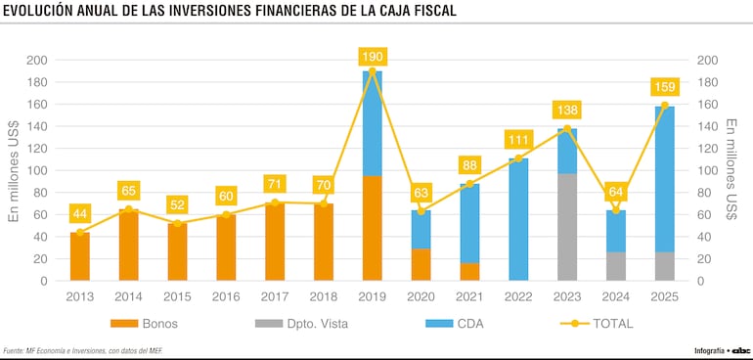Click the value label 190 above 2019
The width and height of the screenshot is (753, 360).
click(x=372, y=57)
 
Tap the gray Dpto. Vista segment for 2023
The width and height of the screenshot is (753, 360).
click(x=566, y=227)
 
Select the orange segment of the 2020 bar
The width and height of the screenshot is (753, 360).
click(x=421, y=264)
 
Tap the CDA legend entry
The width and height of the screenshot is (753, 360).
click(x=451, y=323)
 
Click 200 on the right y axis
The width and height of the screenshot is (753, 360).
click(x=708, y=60)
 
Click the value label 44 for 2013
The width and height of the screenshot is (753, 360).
click(x=80, y=213)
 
